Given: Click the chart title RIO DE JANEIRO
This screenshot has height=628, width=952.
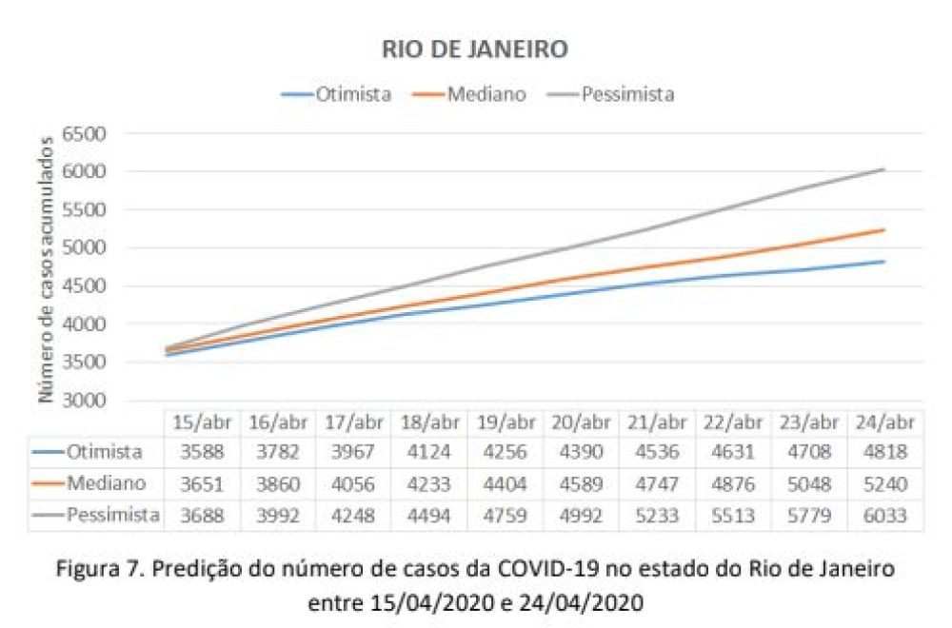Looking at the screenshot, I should tap(475, 49).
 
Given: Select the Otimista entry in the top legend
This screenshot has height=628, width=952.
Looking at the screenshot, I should tap(353, 94).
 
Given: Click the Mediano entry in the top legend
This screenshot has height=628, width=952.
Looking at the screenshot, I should tap(487, 94).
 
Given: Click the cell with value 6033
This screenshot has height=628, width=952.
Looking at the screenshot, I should tap(886, 516).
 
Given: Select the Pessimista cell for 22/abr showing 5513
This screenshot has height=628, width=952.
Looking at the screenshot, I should tap(733, 516).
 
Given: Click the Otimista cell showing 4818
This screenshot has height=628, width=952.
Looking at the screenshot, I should tap(886, 452).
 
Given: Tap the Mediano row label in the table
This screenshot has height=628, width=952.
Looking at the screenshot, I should tap(106, 483).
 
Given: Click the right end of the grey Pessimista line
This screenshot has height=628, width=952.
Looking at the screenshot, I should tap(885, 169).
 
